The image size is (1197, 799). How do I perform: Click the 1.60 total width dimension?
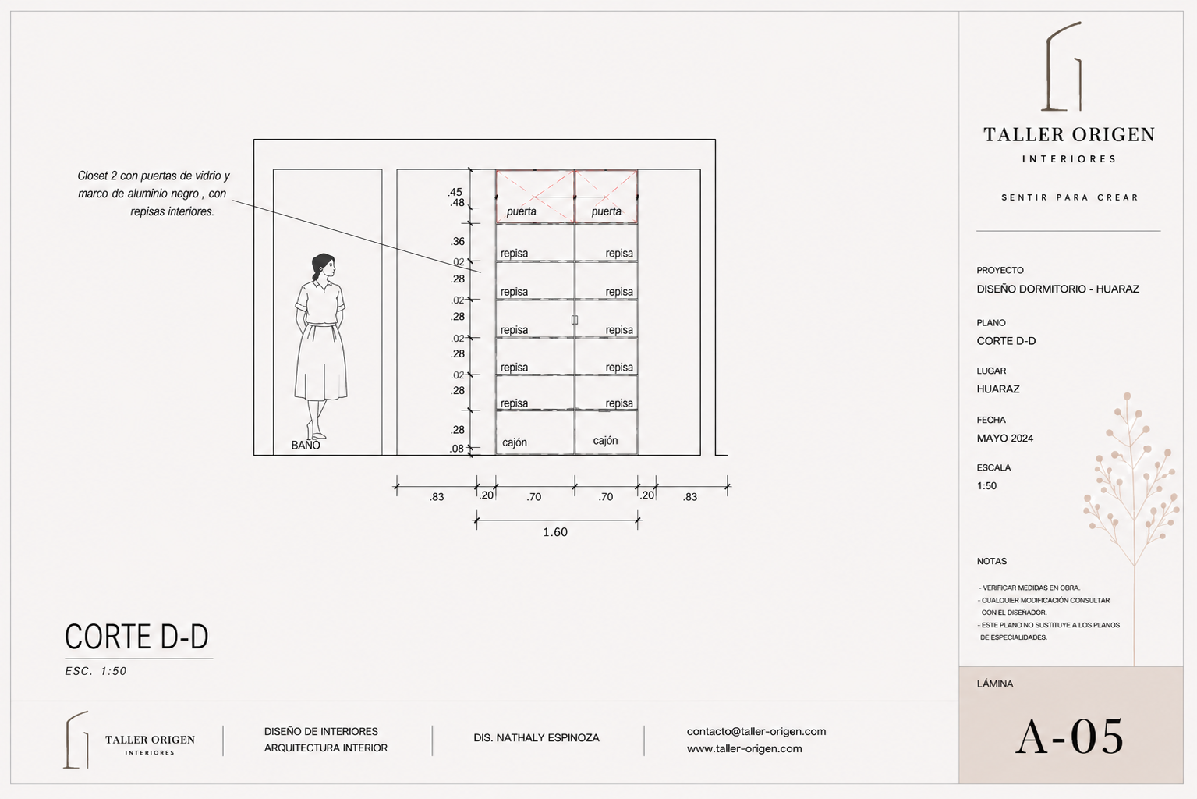pyautogui.click(x=555, y=532)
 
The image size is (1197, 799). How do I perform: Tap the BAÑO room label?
pyautogui.click(x=306, y=445)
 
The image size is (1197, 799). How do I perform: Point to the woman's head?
pyautogui.click(x=324, y=266)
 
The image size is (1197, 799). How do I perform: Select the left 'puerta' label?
pyautogui.click(x=521, y=211)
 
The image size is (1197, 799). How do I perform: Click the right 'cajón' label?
pyautogui.click(x=605, y=441)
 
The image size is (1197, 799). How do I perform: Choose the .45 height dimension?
pyautogui.click(x=455, y=192)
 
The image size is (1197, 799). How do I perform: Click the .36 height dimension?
pyautogui.click(x=458, y=241)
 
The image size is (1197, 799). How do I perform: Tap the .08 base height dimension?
pyautogui.click(x=457, y=449)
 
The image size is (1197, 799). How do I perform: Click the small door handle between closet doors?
pyautogui.click(x=575, y=320)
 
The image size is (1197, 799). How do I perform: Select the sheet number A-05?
pyautogui.click(x=1070, y=737)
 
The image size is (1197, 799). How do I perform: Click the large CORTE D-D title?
pyautogui.click(x=136, y=637)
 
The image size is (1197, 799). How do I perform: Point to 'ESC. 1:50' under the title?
pyautogui.click(x=96, y=671)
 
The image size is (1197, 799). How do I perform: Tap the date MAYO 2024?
pyautogui.click(x=1004, y=439)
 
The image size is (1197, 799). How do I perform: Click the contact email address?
pyautogui.click(x=756, y=731)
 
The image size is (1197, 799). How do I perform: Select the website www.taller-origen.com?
pyautogui.click(x=745, y=749)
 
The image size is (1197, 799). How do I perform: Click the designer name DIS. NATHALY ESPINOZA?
pyautogui.click(x=537, y=738)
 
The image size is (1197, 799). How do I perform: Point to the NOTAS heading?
pyautogui.click(x=992, y=561)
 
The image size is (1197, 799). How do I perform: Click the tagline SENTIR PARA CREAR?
pyautogui.click(x=1070, y=197)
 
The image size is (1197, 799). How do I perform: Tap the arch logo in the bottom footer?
pyautogui.click(x=76, y=740)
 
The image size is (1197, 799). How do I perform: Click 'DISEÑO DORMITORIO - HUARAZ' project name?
pyautogui.click(x=1058, y=289)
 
